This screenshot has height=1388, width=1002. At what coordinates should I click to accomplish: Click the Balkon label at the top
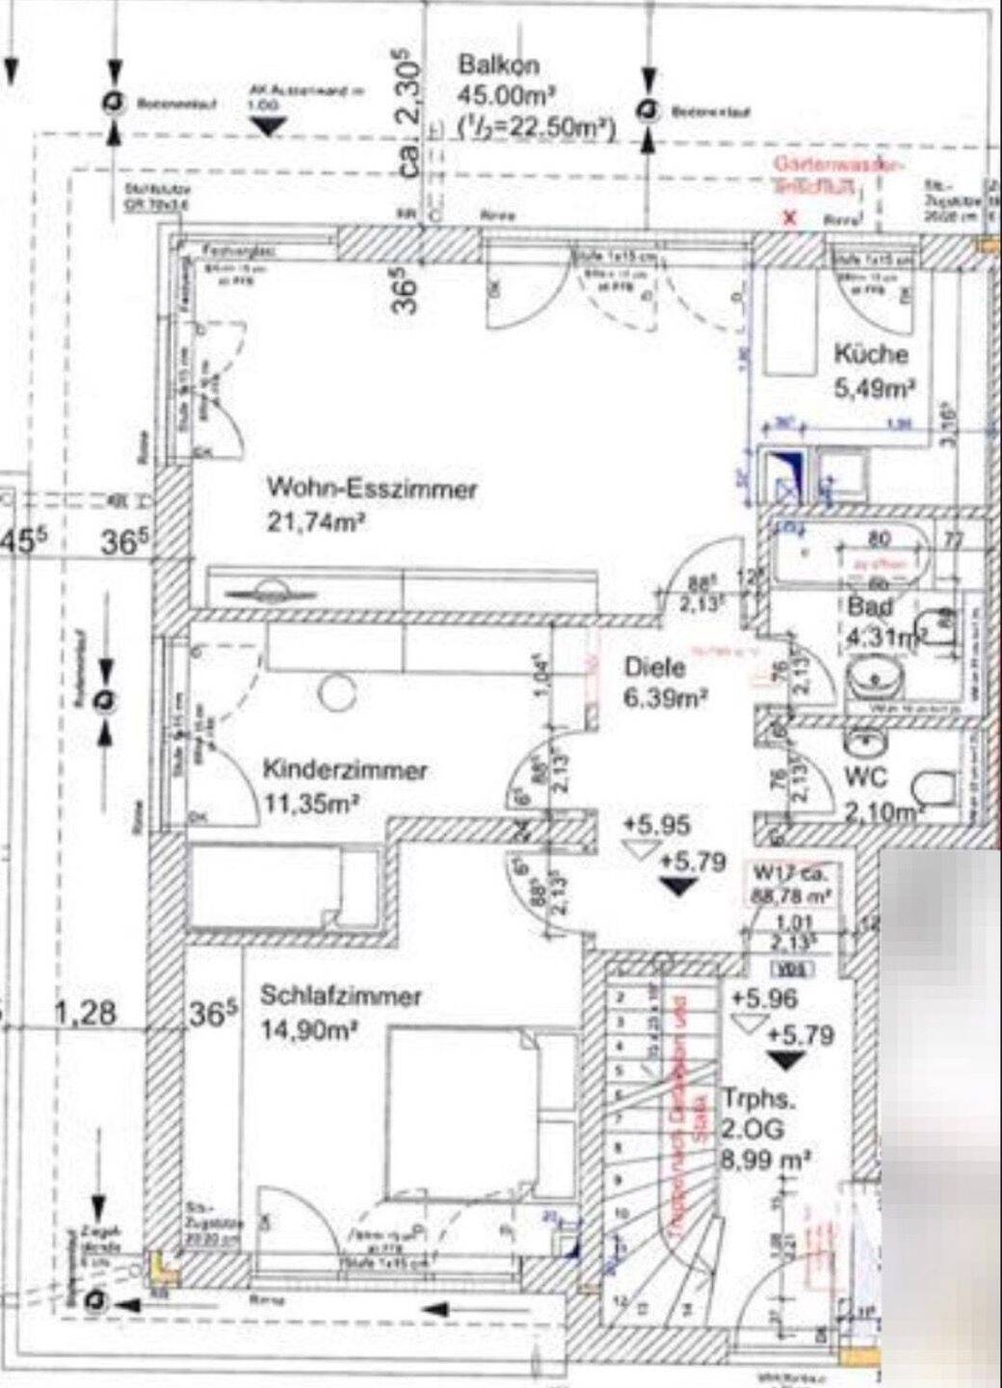(x=498, y=66)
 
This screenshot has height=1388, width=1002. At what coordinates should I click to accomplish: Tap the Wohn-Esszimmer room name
(x=372, y=489)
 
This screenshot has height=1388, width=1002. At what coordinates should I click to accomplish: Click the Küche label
(x=870, y=354)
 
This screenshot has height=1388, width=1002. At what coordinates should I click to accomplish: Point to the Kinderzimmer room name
(x=345, y=771)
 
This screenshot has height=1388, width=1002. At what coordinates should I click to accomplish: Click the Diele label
(x=654, y=666)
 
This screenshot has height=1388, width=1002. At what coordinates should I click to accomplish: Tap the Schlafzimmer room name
(x=341, y=996)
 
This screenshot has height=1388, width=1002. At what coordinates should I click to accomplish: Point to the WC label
(x=864, y=777)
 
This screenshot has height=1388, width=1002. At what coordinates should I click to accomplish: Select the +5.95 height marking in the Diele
(x=656, y=825)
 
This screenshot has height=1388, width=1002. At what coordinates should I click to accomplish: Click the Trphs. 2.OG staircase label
(x=752, y=1114)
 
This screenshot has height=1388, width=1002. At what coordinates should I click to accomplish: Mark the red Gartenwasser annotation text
(x=838, y=173)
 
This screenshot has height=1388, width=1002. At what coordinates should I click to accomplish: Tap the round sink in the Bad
(x=876, y=679)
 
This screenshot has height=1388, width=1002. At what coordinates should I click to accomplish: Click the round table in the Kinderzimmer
(x=338, y=693)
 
